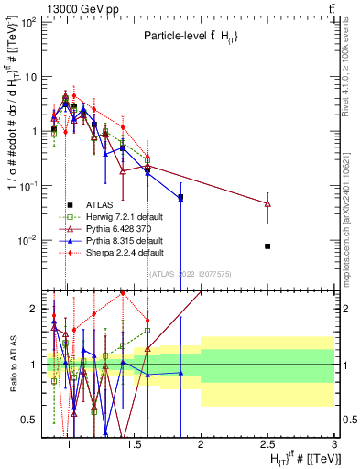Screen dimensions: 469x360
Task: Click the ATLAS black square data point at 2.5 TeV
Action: click(267, 245)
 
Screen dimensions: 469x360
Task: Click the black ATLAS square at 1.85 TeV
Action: click(180, 197)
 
